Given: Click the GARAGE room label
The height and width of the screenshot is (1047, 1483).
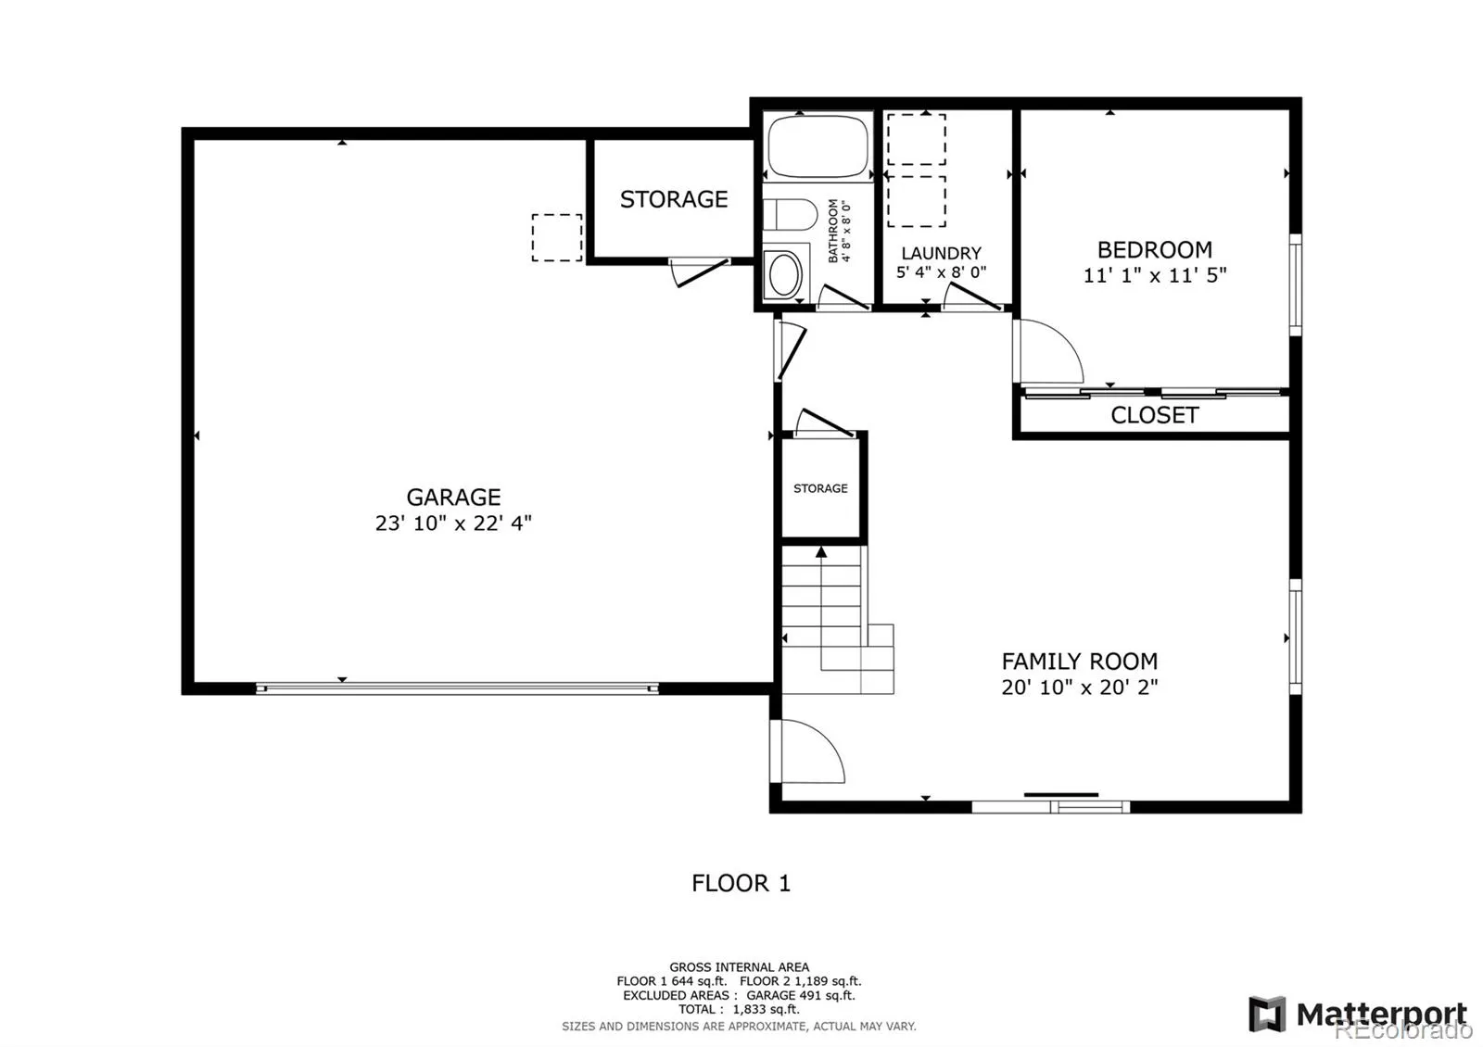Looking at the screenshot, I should pyautogui.click(x=453, y=498).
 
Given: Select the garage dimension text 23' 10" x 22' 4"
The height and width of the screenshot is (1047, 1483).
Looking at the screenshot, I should pyautogui.click(x=453, y=523).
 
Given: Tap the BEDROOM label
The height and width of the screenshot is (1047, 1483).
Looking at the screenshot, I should pyautogui.click(x=1154, y=250).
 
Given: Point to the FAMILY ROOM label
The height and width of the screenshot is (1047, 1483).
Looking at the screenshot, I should pyautogui.click(x=1079, y=662).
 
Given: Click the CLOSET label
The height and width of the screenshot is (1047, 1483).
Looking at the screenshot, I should pyautogui.click(x=1154, y=415).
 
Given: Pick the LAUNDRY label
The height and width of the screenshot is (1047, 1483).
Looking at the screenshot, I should pyautogui.click(x=941, y=253).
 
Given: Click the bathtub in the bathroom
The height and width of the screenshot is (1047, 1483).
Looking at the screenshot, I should pyautogui.click(x=817, y=145).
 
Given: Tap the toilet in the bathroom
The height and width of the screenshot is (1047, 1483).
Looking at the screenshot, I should pyautogui.click(x=788, y=216).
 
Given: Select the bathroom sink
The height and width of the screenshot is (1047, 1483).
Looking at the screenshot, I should pyautogui.click(x=786, y=274).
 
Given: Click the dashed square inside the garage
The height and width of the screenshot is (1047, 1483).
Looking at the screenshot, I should pyautogui.click(x=557, y=237).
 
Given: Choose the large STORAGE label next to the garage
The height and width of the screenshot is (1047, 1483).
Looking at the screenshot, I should pyautogui.click(x=674, y=199).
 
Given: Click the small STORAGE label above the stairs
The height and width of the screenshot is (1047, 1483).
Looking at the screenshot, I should pyautogui.click(x=820, y=488).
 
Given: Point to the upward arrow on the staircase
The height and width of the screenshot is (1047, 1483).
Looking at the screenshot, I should pyautogui.click(x=820, y=553).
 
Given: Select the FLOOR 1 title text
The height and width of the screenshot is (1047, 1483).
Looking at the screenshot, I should pyautogui.click(x=741, y=883).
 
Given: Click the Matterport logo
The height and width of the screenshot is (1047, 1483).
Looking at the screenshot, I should pyautogui.click(x=1359, y=1014).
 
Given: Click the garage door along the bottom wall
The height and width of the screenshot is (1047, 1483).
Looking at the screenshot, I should pyautogui.click(x=456, y=688).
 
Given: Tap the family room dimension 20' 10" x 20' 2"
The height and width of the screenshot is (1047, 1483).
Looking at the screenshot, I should pyautogui.click(x=1079, y=687).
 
